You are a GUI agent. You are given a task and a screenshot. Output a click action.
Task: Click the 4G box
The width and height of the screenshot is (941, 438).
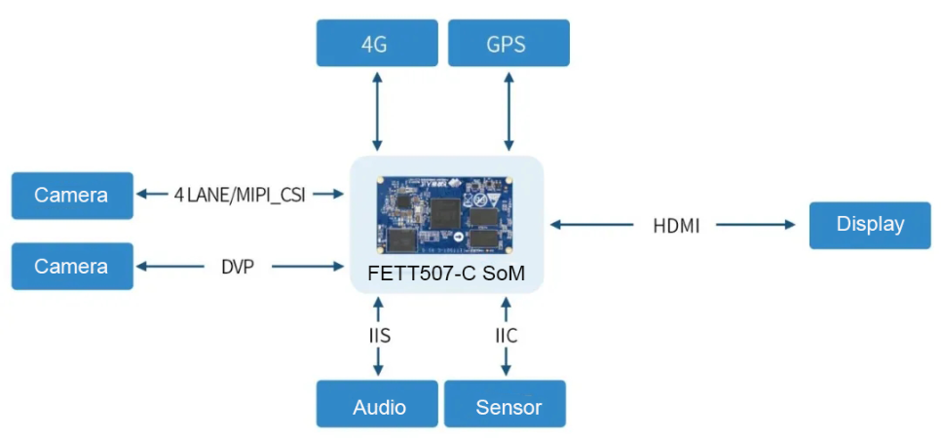tap(377, 43)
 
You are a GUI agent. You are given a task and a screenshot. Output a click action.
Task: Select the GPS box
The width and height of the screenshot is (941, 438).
tap(508, 43)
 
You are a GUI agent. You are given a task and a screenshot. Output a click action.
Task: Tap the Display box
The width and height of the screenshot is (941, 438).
tap(870, 226)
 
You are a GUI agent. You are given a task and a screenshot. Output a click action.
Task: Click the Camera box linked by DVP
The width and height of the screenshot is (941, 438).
tap(72, 267)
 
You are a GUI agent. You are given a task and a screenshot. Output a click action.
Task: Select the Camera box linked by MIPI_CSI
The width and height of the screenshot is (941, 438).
tap(72, 196)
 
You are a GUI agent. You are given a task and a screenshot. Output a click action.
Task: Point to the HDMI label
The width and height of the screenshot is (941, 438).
tap(676, 227)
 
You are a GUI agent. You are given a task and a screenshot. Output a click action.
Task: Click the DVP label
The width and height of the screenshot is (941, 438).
tap(238, 267)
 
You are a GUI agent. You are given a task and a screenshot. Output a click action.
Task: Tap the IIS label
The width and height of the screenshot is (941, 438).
tap(379, 336)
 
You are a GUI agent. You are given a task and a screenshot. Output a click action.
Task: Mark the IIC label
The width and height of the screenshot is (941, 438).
tap(506, 336)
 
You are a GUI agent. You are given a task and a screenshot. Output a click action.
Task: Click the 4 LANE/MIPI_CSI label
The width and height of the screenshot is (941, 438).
tap(240, 196)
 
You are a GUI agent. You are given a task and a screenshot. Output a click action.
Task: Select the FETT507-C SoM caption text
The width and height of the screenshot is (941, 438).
tap(446, 274)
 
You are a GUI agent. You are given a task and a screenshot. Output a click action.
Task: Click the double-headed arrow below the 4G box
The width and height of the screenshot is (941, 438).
tap(377, 112)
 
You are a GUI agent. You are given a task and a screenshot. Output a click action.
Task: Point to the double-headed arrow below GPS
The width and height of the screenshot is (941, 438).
tap(508, 112)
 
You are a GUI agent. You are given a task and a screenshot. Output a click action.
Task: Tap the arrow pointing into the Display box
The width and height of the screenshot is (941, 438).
tap(756, 225)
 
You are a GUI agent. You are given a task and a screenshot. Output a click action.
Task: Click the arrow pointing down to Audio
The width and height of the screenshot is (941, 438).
tap(378, 362)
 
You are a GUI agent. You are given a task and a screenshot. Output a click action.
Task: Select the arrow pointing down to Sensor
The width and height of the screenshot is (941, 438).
tap(506, 362)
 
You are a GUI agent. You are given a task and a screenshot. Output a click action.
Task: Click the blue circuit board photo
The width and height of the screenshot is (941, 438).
tap(444, 213)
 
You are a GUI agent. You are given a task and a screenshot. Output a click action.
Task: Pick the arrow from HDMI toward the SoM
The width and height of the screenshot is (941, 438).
tap(591, 225)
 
